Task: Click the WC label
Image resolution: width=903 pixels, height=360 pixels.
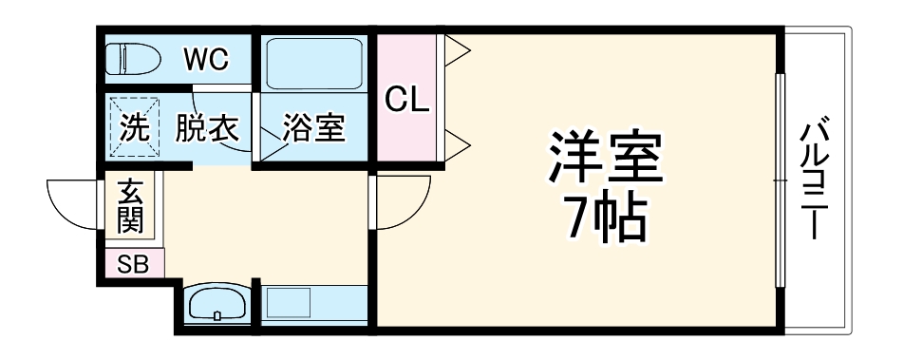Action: pos(207,59)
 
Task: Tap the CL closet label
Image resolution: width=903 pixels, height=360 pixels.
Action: pos(405,99)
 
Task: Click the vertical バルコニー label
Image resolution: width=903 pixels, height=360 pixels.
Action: pos(815,180)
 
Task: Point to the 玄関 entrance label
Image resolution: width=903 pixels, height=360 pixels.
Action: pos(129,207)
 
